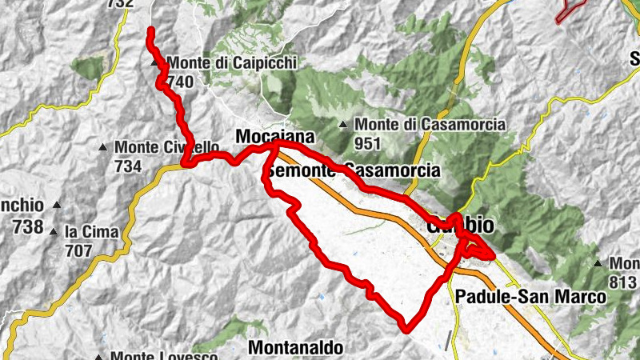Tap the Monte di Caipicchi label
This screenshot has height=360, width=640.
(221, 62)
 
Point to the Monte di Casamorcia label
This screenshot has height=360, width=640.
(430, 124)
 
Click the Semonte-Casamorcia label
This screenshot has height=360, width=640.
(354, 170)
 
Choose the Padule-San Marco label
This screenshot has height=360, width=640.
(530, 297)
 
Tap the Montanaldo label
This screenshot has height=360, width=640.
(296, 348)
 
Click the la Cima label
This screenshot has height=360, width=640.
(92, 232)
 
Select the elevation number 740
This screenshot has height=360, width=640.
(180, 81)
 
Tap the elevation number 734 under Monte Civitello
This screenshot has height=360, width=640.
(129, 166)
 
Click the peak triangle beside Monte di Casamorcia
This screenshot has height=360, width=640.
(343, 124)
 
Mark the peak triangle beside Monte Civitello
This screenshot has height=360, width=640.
(102, 147)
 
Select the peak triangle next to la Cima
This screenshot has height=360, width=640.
(54, 233)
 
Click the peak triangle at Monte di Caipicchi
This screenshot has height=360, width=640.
(154, 62)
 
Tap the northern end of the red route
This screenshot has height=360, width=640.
(150, 30)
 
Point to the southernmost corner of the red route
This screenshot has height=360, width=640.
(408, 327)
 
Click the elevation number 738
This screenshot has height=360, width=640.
(28, 226)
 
